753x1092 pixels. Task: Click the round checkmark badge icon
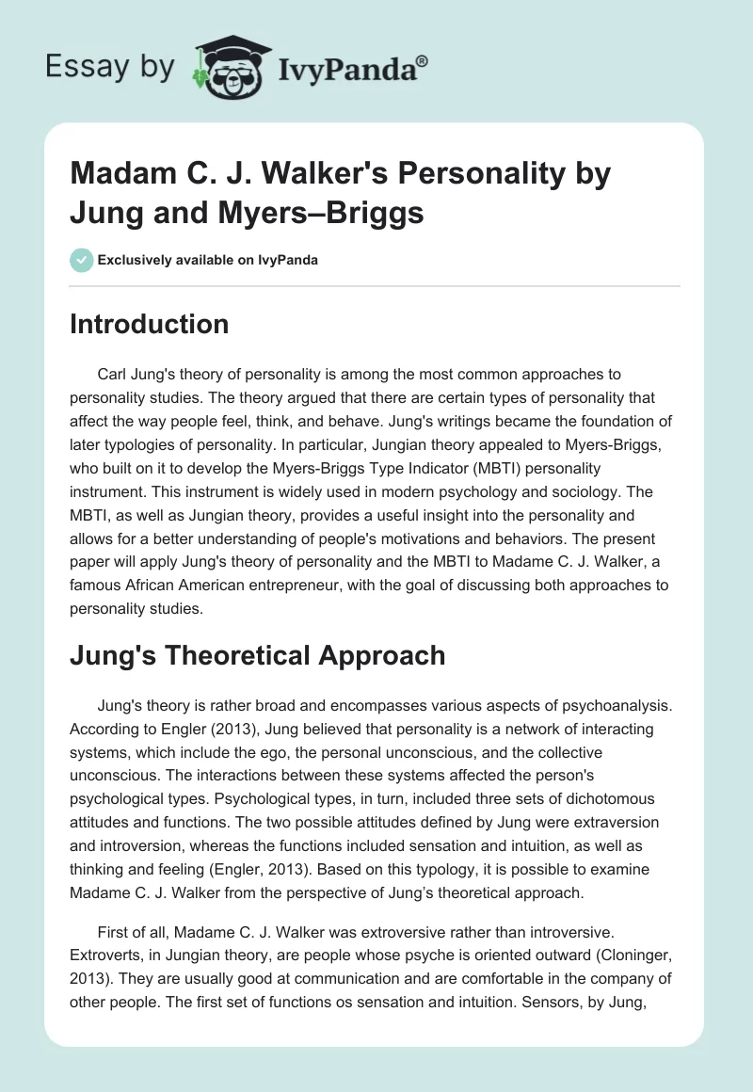[x=81, y=260]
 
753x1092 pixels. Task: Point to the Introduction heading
[x=149, y=324]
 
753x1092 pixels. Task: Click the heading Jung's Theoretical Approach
[x=257, y=655]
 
